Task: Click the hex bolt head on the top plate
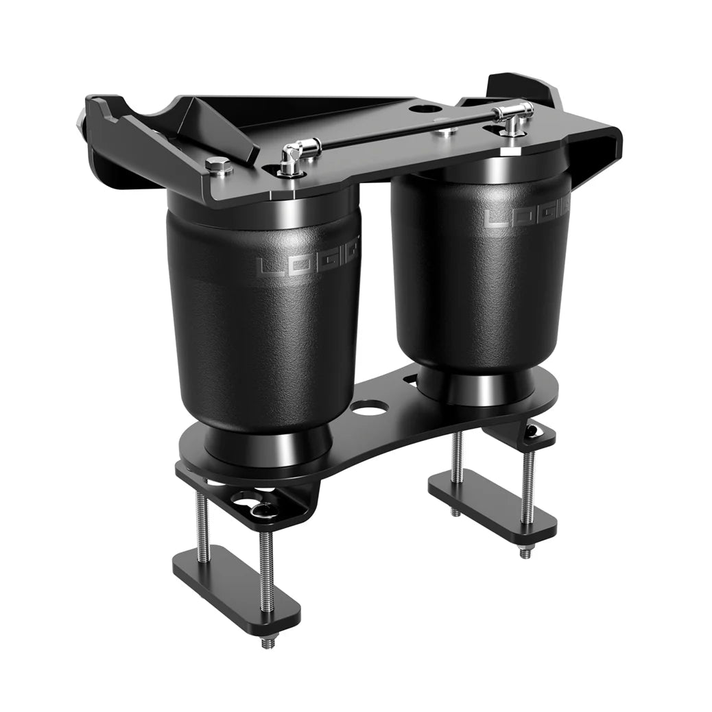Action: click(x=219, y=165)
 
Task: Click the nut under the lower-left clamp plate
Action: click(x=267, y=642)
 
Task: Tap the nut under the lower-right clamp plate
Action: click(x=525, y=552)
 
